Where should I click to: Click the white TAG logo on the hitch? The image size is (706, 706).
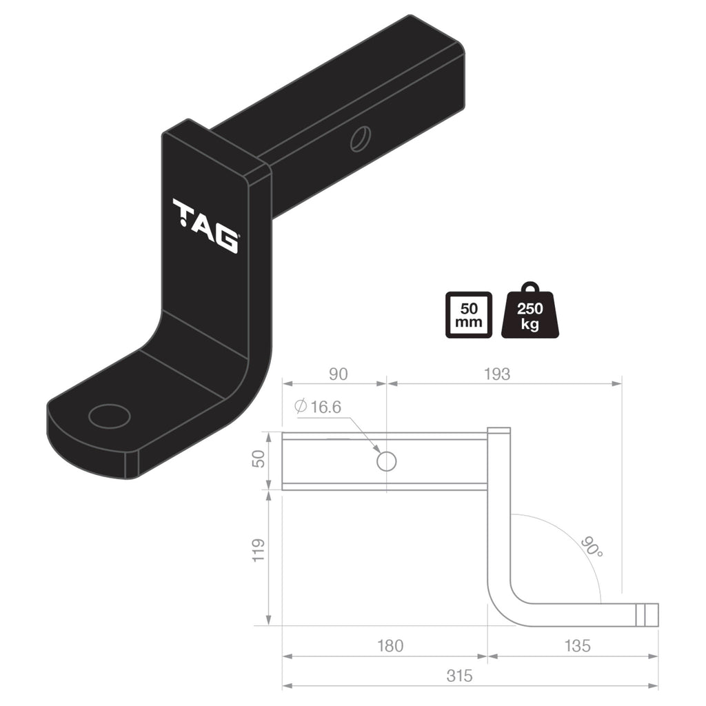(205, 225)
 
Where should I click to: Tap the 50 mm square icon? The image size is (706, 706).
(469, 314)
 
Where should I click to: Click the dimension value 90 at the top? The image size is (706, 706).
(338, 374)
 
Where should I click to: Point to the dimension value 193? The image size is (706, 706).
(496, 374)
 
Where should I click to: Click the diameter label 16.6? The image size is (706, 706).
(325, 407)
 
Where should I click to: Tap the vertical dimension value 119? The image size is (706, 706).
(259, 550)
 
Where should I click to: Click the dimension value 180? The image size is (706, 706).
(390, 646)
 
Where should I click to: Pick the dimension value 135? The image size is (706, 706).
(576, 646)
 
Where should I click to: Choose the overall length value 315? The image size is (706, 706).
(459, 676)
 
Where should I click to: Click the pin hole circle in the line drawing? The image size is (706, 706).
(387, 461)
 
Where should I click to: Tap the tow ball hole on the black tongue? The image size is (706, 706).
(110, 416)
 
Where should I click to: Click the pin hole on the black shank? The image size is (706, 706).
(360, 139)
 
